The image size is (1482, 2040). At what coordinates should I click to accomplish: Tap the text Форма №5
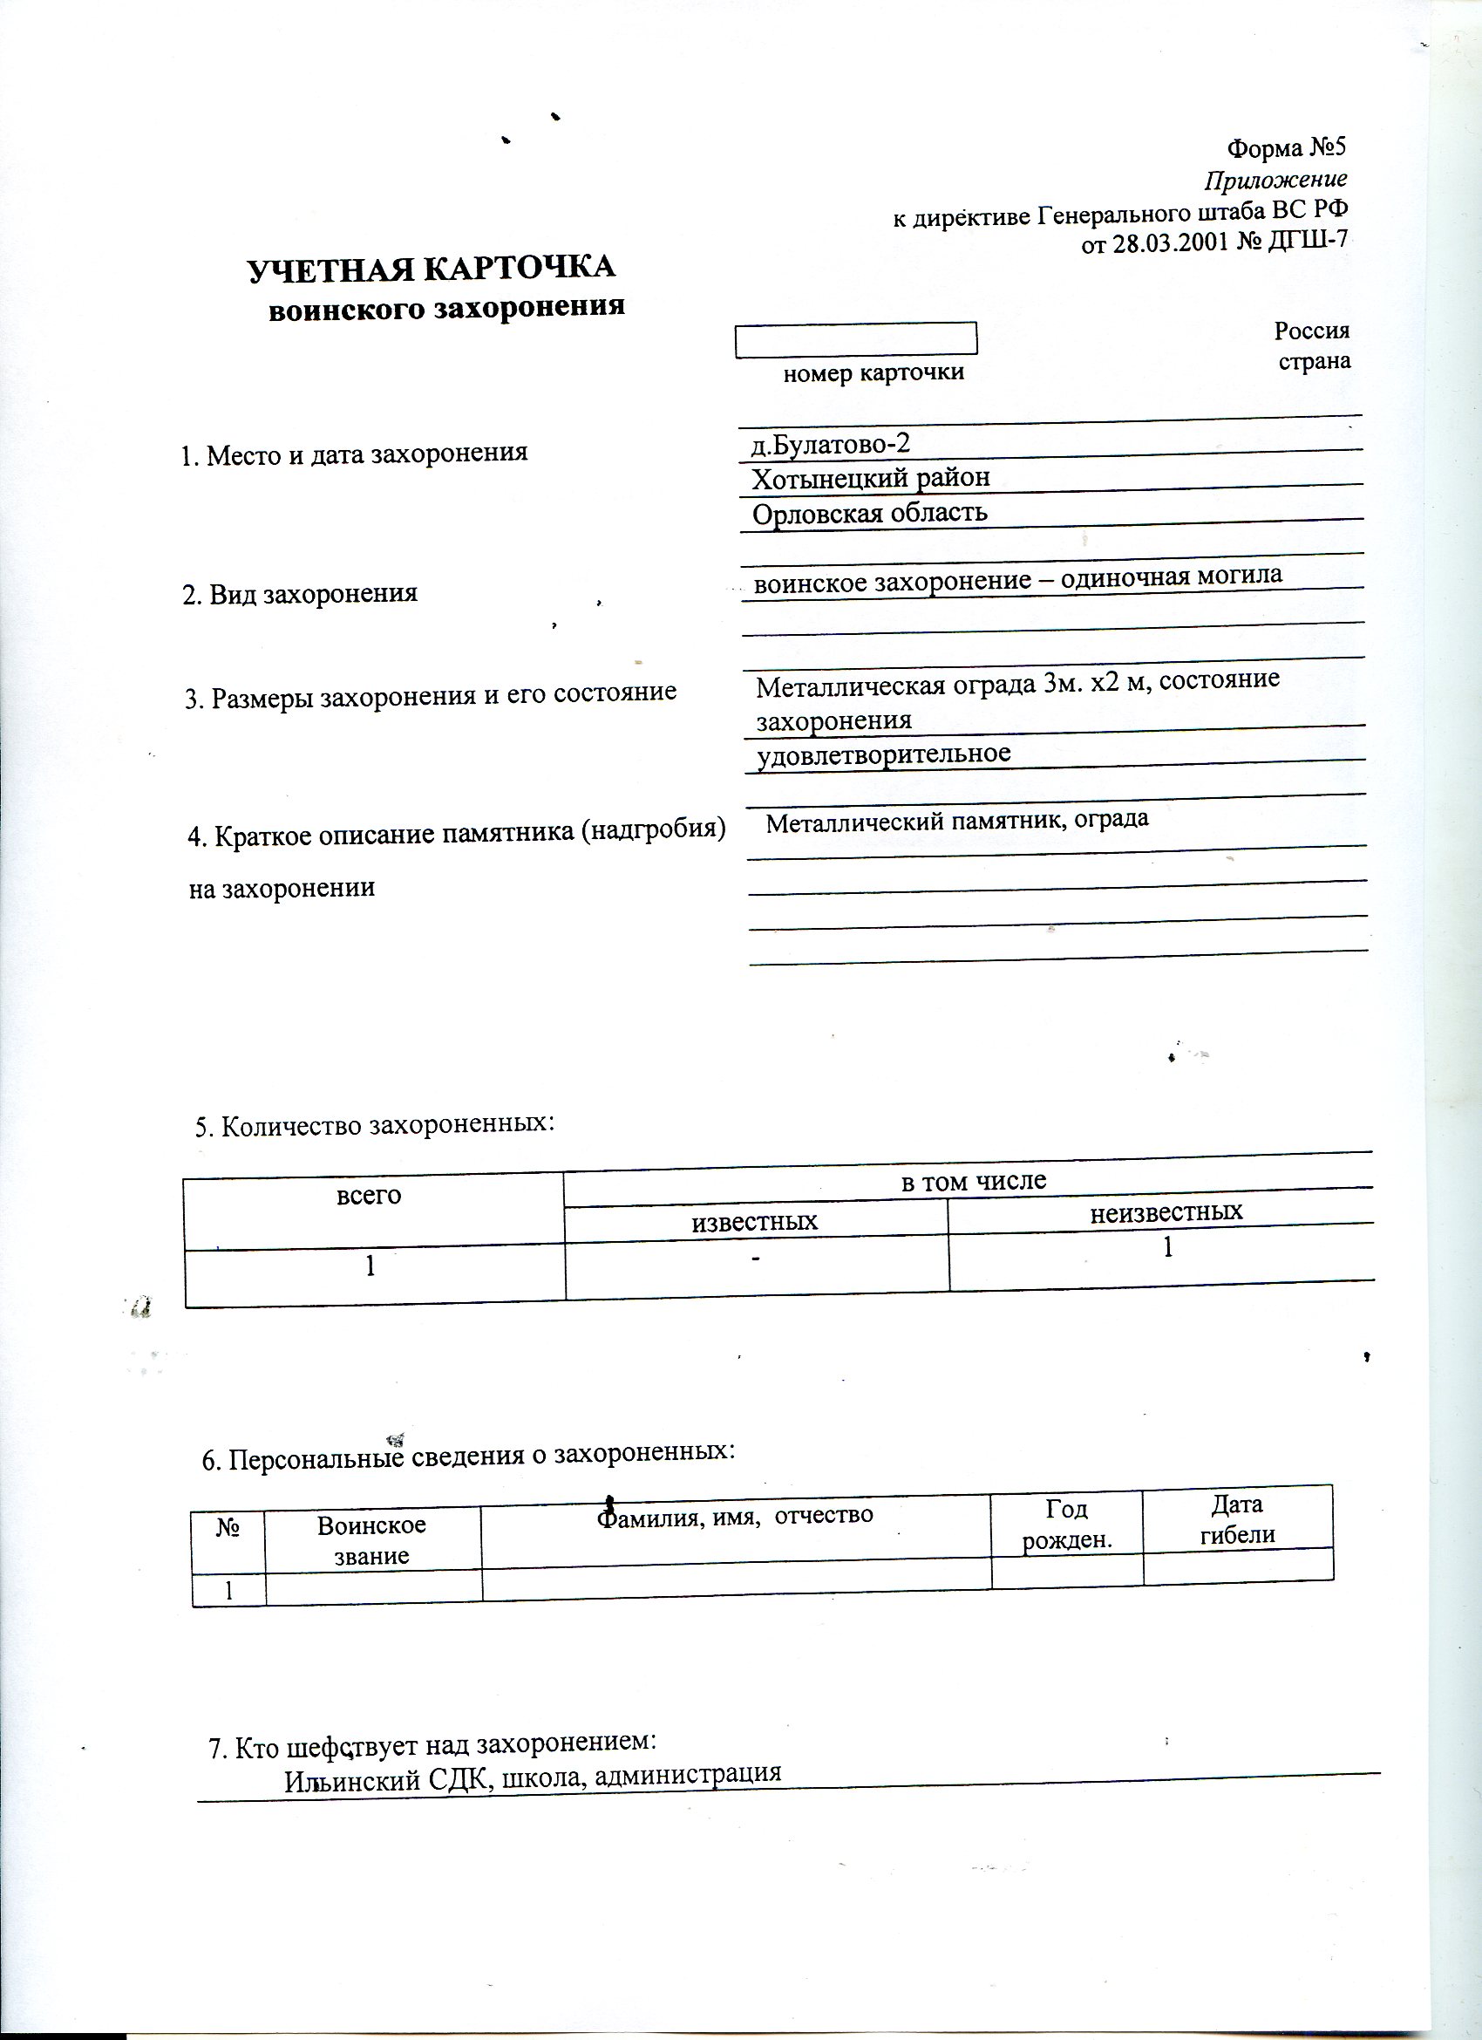pyautogui.click(x=1288, y=147)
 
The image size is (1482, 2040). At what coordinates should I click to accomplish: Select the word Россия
pyautogui.click(x=1311, y=330)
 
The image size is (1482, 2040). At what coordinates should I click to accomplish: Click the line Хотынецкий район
pyautogui.click(x=870, y=478)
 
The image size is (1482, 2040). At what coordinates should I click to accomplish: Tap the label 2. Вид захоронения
pyautogui.click(x=300, y=594)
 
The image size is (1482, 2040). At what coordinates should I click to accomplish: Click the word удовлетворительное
pyautogui.click(x=883, y=754)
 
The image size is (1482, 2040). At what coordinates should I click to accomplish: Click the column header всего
pyautogui.click(x=369, y=1196)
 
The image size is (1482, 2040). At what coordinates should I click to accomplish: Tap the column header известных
pyautogui.click(x=753, y=1222)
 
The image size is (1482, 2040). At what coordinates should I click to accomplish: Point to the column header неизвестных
pyautogui.click(x=1166, y=1211)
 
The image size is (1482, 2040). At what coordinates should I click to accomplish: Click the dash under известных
pyautogui.click(x=757, y=1259)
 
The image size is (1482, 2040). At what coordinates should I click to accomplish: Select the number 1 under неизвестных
pyautogui.click(x=1168, y=1248)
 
